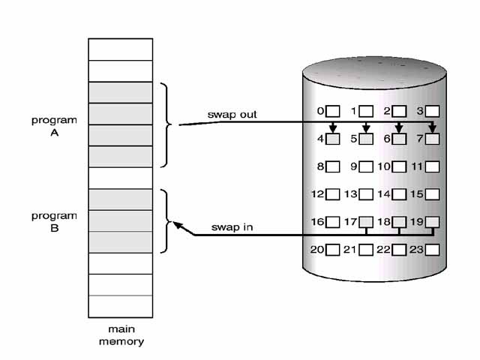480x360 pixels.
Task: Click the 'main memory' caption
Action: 120,336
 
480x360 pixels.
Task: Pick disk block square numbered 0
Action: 333,112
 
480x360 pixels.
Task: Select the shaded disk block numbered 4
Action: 333,139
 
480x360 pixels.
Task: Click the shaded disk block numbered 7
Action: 432,139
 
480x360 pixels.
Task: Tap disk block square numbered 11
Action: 432,166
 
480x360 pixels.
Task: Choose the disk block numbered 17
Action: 366,222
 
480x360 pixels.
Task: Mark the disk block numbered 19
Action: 432,222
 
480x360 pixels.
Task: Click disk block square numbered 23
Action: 432,249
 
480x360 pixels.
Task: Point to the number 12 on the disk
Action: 316,194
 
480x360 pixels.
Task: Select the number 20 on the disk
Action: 316,249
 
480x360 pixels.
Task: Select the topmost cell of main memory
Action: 120,49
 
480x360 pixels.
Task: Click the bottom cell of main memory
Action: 120,306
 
